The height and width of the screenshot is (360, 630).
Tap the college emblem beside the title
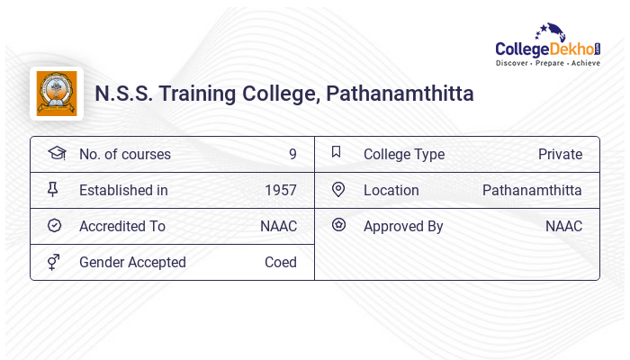[57, 94]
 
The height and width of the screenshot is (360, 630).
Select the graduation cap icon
[57, 154]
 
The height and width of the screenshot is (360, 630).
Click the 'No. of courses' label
[124, 154]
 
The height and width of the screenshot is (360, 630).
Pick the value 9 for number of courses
[292, 154]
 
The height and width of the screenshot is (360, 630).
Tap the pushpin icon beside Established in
[53, 190]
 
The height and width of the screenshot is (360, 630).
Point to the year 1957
[281, 190]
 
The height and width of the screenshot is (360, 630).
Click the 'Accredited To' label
[122, 226]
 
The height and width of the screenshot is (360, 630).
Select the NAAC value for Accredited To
[278, 226]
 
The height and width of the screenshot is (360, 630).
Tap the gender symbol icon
[54, 262]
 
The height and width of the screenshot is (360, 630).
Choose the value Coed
[281, 262]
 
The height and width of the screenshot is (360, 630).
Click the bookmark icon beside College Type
[337, 153]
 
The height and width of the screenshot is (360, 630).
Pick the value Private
[560, 154]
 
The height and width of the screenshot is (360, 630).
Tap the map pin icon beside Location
[338, 190]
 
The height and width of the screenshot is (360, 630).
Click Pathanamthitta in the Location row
[532, 190]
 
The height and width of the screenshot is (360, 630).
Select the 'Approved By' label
[403, 226]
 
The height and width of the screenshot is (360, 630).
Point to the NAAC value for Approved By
[563, 226]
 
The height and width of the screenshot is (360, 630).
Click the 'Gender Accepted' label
[132, 262]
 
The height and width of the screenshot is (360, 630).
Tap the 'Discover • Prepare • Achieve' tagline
[547, 64]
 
